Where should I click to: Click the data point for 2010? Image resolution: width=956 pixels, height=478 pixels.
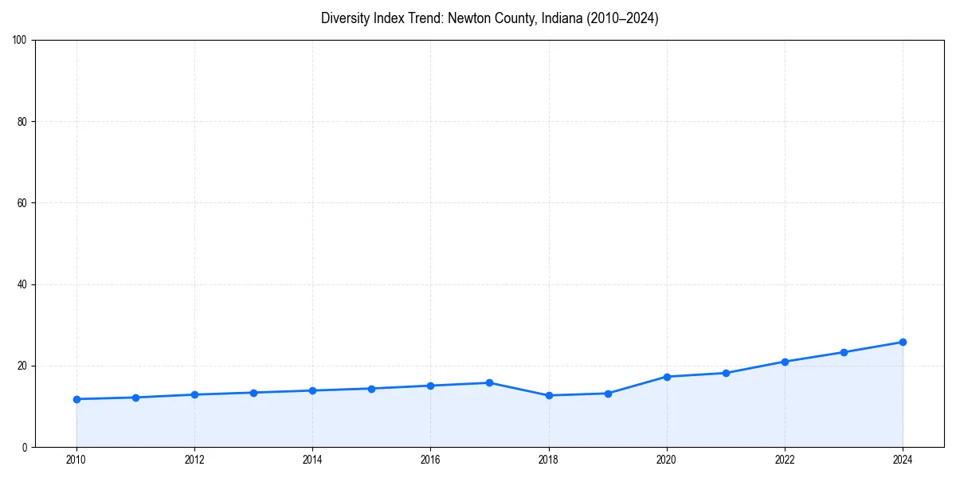pyautogui.click(x=76, y=399)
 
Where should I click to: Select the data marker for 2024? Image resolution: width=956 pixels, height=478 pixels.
pyautogui.click(x=903, y=342)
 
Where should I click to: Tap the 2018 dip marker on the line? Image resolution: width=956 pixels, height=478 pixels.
pyautogui.click(x=549, y=395)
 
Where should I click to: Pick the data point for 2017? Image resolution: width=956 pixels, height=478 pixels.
pyautogui.click(x=489, y=382)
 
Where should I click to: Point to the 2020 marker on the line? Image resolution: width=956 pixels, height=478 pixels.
pyautogui.click(x=667, y=377)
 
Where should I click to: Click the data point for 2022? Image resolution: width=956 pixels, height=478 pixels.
pyautogui.click(x=785, y=362)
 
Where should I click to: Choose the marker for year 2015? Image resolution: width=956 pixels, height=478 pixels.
pyautogui.click(x=371, y=389)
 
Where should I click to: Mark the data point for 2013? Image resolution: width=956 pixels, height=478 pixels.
pyautogui.click(x=253, y=393)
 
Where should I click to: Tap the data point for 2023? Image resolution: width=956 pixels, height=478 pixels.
pyautogui.click(x=844, y=352)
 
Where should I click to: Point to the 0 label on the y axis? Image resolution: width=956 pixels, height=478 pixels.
pyautogui.click(x=25, y=447)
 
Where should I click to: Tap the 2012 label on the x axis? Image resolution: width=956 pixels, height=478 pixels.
pyautogui.click(x=194, y=460)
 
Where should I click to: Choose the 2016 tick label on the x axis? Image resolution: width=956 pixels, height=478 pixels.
pyautogui.click(x=430, y=460)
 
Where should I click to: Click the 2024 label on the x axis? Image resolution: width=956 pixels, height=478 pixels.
pyautogui.click(x=903, y=460)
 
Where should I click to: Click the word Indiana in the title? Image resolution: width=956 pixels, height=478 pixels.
pyautogui.click(x=561, y=18)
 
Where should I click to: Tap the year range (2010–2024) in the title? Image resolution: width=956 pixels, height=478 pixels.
pyautogui.click(x=623, y=18)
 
